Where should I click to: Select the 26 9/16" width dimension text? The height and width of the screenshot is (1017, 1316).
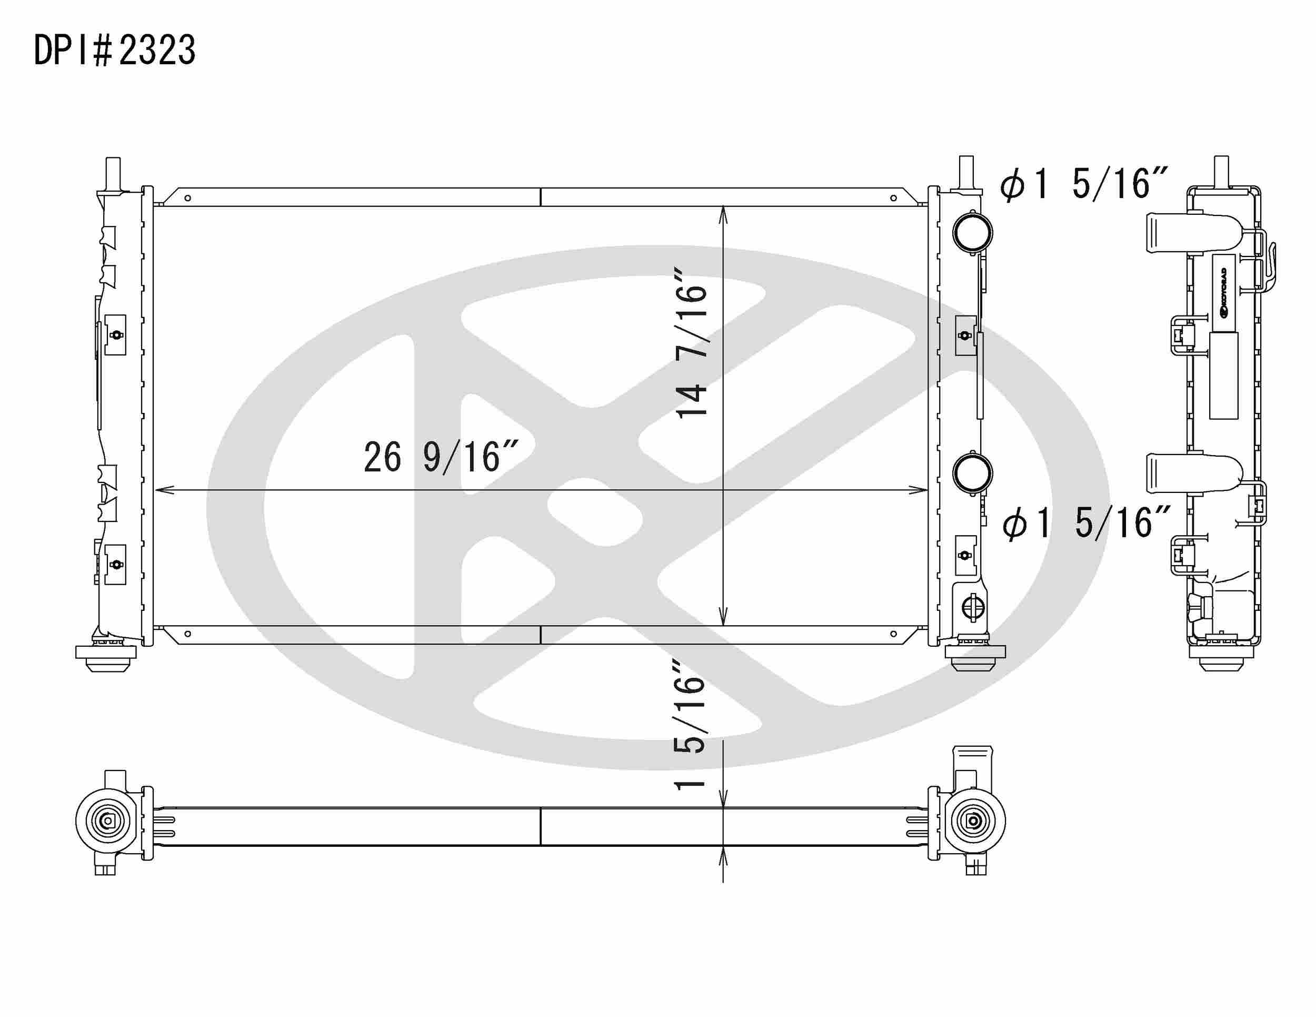click(x=441, y=458)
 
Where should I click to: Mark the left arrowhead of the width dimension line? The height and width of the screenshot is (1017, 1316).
click(x=164, y=490)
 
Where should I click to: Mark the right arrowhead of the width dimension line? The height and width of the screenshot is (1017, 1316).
click(x=919, y=490)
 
